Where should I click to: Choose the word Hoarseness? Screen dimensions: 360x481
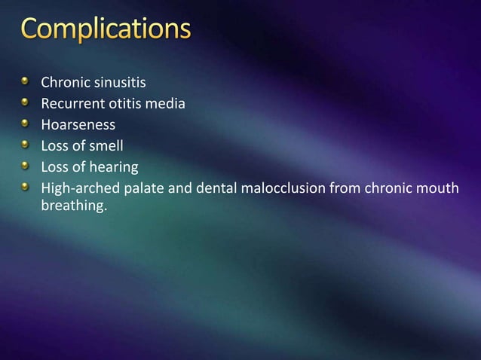[x=78, y=126]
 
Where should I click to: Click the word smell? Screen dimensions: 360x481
[x=106, y=146]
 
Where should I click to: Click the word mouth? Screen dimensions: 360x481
[x=438, y=188]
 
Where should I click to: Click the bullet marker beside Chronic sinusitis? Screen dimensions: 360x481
[x=26, y=82]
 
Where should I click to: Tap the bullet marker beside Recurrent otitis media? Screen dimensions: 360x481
[x=26, y=103]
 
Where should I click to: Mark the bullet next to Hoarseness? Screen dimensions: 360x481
[x=26, y=124]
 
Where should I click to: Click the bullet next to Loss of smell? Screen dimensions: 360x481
[x=26, y=145]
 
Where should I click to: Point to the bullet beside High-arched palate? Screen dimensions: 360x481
[x=26, y=186]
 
